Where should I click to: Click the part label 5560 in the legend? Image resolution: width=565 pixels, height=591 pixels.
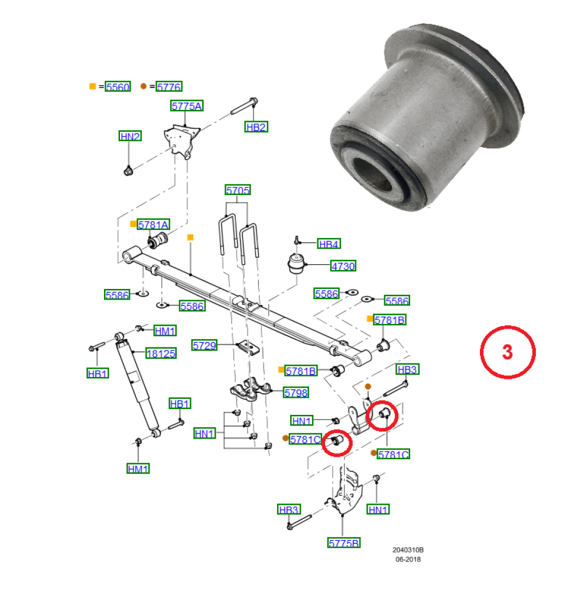(x=118, y=87)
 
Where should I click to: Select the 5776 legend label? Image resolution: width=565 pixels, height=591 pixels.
(x=169, y=87)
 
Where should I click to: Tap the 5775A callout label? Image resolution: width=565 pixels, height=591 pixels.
(x=187, y=106)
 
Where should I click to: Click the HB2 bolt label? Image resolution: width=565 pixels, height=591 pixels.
(x=256, y=127)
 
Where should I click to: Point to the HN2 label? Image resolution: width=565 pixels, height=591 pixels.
(x=130, y=136)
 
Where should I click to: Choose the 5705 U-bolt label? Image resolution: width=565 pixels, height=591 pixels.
(x=238, y=190)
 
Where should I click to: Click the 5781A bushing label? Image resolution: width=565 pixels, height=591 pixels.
(x=154, y=225)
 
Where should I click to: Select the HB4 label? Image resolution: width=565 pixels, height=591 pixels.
(x=329, y=244)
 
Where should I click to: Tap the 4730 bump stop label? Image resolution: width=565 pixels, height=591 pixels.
(x=343, y=266)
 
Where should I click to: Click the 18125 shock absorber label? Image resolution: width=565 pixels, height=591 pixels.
(x=161, y=353)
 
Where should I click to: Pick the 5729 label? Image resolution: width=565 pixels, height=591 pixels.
(x=204, y=345)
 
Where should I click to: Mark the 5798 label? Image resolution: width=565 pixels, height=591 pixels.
(x=296, y=393)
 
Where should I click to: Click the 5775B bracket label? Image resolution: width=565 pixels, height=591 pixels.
(x=344, y=543)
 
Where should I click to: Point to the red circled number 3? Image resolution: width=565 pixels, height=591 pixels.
(x=507, y=352)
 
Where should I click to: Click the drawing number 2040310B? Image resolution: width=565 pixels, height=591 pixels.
(x=408, y=550)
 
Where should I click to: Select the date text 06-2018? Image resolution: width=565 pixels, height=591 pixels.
(x=408, y=560)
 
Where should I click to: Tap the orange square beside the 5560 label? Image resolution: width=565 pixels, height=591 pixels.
(x=92, y=86)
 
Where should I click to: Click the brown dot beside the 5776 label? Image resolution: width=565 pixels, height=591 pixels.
(x=143, y=86)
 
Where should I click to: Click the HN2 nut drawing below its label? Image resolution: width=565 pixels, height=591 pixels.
(x=128, y=171)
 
